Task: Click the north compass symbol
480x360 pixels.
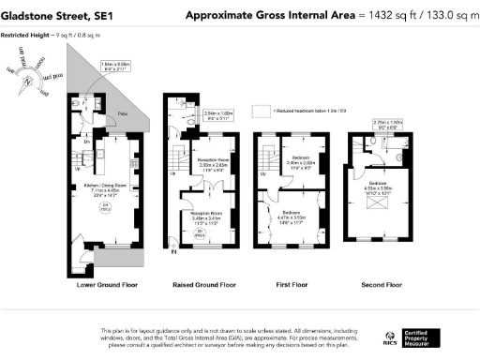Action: [x=30, y=78]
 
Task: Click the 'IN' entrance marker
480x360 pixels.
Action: [x=173, y=249]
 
